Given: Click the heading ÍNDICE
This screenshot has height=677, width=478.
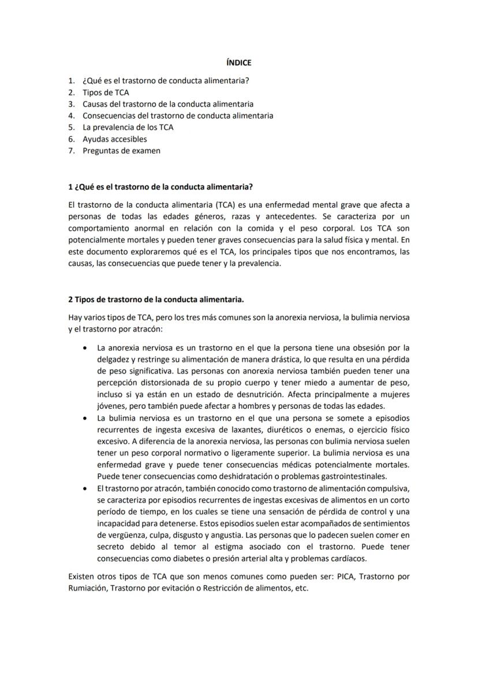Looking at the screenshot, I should [x=238, y=62].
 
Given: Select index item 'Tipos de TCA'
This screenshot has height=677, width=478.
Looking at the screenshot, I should [x=106, y=93].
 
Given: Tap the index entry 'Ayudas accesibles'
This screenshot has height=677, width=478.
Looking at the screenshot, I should [x=114, y=139].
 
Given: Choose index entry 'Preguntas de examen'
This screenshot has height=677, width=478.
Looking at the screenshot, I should [x=121, y=151].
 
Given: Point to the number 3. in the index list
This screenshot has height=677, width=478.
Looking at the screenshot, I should [x=72, y=104].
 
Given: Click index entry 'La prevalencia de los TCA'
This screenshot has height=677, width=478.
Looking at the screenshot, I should [x=128, y=127].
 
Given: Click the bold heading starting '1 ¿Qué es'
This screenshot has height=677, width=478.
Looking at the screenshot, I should [x=160, y=187].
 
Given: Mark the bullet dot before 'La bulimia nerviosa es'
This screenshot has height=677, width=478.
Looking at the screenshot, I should [x=85, y=418].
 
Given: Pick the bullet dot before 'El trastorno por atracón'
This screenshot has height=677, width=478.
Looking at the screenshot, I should [x=85, y=489].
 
